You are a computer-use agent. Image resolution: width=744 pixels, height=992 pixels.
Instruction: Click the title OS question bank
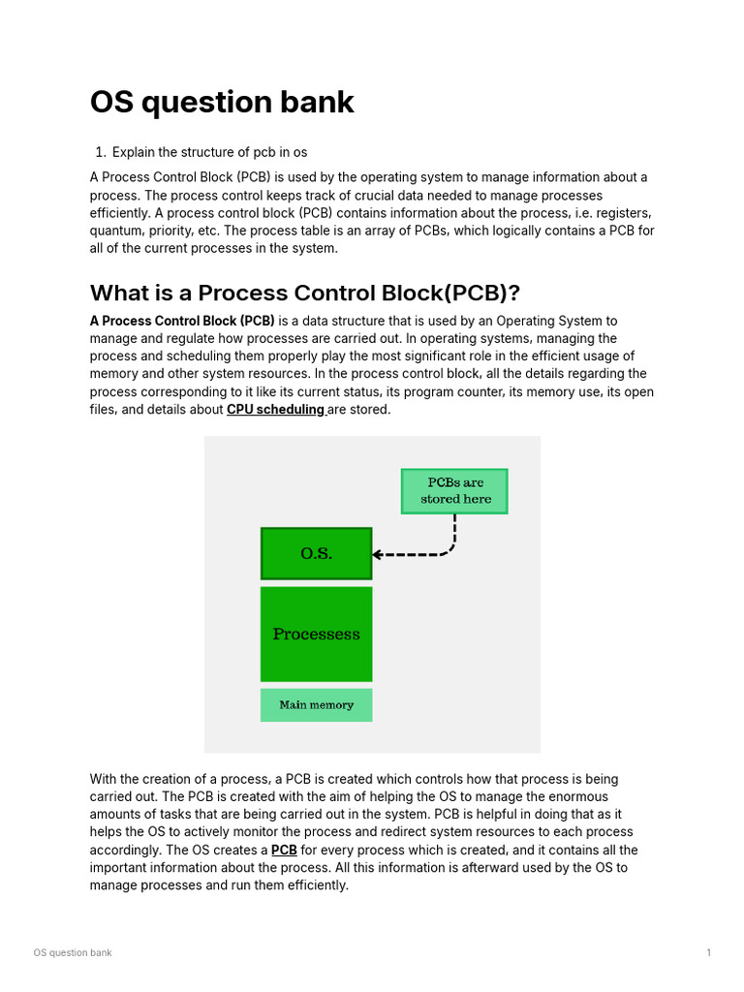[x=222, y=103]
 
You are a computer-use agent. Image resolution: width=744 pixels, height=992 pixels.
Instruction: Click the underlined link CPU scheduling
[x=275, y=410]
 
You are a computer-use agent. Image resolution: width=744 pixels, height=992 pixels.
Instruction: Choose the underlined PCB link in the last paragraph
[x=284, y=851]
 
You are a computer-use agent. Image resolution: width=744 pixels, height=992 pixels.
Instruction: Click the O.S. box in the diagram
[x=316, y=553]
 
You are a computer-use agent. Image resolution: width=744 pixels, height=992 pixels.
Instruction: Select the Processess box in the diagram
[x=316, y=635]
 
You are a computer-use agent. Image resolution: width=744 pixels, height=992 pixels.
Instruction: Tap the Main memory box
[x=316, y=705]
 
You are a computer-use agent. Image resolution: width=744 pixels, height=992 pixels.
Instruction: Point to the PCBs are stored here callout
[x=454, y=491]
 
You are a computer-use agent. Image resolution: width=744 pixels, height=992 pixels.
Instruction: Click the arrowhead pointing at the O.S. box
[x=378, y=555]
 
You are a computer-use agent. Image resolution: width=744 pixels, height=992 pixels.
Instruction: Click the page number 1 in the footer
[x=709, y=953]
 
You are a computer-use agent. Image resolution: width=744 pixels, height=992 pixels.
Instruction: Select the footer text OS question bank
[x=73, y=953]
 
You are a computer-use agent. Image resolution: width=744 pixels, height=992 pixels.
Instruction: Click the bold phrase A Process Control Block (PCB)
[x=182, y=321]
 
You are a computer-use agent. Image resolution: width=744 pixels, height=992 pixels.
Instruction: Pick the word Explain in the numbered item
[x=135, y=152]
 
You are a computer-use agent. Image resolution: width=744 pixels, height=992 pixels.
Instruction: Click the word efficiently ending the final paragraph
[x=313, y=885]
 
